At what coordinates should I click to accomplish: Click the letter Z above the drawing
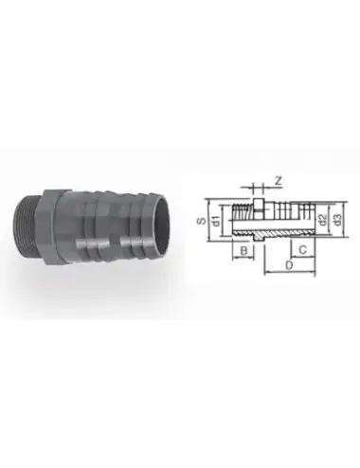click(x=278, y=180)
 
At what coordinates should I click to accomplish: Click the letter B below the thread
click(x=244, y=252)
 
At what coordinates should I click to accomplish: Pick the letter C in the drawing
click(x=300, y=251)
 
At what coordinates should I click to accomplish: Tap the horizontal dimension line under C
click(x=300, y=260)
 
